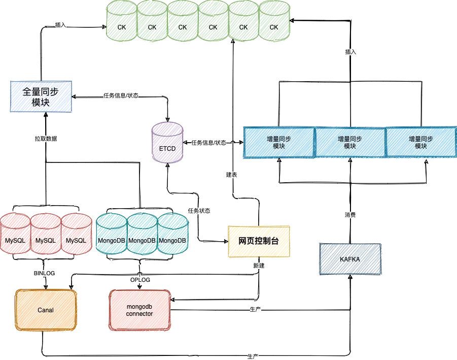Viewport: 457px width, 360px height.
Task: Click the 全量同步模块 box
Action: tap(41, 96)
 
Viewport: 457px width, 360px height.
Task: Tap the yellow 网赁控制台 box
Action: tap(259, 242)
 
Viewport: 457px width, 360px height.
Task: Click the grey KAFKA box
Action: tap(350, 259)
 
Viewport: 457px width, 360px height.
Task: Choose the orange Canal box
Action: tap(46, 309)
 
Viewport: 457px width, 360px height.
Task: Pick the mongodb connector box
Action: tap(139, 310)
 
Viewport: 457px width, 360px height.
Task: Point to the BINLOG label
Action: tap(44, 273)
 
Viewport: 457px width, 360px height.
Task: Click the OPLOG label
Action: tap(140, 280)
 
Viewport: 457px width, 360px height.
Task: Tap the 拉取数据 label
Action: tap(46, 138)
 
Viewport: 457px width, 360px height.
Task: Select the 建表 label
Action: tap(231, 175)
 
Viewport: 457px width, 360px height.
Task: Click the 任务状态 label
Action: tap(199, 211)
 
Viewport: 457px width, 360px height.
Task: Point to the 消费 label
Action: tap(350, 215)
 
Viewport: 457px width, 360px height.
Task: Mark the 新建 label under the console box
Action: tap(258, 265)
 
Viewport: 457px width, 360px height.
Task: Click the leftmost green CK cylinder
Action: tap(122, 20)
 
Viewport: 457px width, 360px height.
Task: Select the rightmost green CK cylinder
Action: tap(274, 20)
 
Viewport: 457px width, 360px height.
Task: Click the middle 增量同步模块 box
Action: tap(350, 142)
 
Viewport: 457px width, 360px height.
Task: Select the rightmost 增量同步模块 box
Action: tap(421, 142)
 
